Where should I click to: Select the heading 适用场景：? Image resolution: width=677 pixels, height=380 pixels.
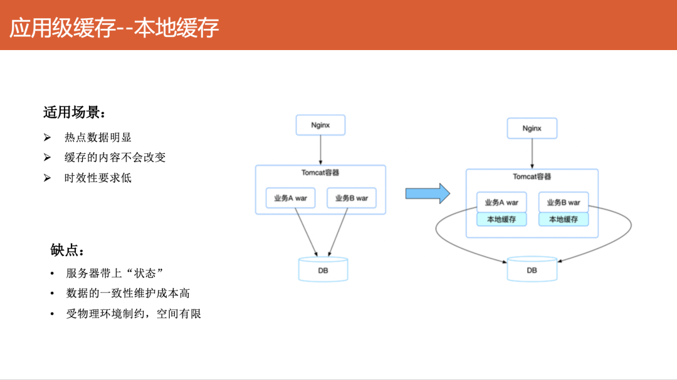(74, 113)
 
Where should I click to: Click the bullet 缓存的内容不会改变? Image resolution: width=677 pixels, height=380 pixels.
(115, 158)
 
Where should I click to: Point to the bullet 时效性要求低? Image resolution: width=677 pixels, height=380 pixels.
(98, 178)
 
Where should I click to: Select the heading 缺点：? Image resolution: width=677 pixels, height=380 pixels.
(67, 250)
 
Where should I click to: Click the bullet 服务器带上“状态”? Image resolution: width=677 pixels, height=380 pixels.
(115, 274)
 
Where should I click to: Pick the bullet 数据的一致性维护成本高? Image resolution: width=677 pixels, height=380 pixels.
(128, 293)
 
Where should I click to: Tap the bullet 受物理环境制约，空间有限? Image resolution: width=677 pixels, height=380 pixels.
(134, 314)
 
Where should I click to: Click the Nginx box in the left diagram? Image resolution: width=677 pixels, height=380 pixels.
(320, 125)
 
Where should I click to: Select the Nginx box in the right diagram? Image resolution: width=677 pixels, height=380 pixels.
(532, 128)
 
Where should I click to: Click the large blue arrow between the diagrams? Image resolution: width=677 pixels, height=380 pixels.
(428, 193)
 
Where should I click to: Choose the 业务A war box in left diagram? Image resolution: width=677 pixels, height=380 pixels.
(290, 198)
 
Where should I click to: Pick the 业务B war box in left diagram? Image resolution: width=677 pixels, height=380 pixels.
(352, 198)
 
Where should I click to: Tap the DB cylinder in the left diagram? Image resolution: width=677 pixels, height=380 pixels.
(323, 269)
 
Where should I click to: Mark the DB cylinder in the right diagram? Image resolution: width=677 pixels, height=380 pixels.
(532, 269)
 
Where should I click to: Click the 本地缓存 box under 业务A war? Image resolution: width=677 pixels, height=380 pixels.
(501, 219)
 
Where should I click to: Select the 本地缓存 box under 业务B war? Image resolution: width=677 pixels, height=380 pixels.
(563, 219)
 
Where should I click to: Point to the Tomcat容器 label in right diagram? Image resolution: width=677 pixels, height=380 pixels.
(532, 177)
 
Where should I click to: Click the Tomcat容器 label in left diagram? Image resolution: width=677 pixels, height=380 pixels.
(320, 173)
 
